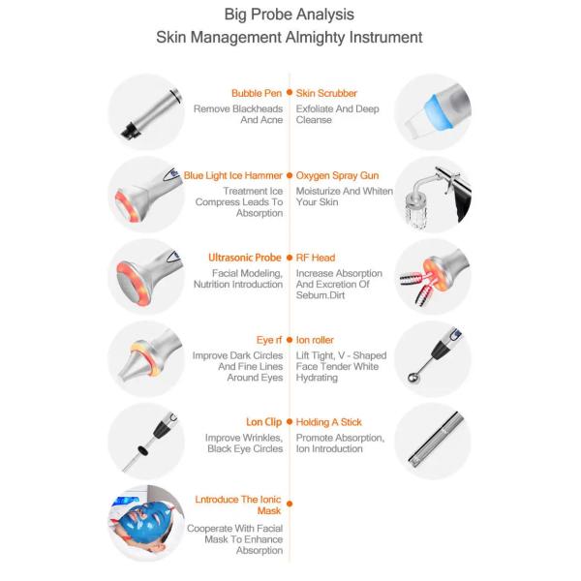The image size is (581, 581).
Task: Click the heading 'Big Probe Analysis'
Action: [x=289, y=15]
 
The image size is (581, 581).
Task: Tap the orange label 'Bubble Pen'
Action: [x=257, y=93]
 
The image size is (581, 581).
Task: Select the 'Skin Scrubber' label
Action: [x=326, y=93]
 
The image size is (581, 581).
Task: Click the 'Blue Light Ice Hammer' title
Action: [x=233, y=175]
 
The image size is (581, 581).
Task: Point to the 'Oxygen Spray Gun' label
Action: [x=337, y=176]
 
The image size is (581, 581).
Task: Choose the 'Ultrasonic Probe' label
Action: [x=245, y=258]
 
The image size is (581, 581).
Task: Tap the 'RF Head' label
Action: [x=316, y=258]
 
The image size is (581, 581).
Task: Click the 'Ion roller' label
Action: [x=315, y=340]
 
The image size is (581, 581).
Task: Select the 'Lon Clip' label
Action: [x=263, y=422]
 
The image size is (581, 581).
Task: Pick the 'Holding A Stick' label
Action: [x=328, y=422]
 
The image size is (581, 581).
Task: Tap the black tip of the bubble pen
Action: [x=130, y=131]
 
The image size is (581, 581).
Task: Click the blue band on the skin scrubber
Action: [x=442, y=111]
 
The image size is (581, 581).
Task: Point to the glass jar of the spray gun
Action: [x=416, y=210]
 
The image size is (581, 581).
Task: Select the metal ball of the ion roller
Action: [x=413, y=378]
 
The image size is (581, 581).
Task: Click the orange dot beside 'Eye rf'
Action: [x=290, y=340]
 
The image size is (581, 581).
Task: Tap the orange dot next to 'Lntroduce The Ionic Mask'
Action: [x=290, y=504]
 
